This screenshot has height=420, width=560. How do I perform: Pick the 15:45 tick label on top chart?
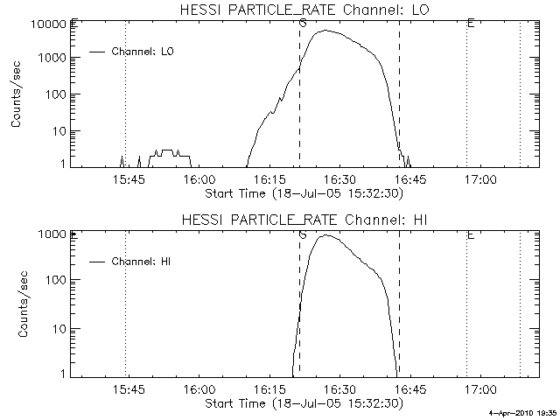click(x=128, y=178)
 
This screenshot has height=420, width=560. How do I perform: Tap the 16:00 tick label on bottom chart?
click(x=199, y=390)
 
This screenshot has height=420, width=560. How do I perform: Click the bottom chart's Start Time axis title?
click(x=303, y=403)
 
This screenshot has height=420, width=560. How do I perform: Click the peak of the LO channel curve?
click(x=325, y=31)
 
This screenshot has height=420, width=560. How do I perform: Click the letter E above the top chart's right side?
click(x=470, y=23)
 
